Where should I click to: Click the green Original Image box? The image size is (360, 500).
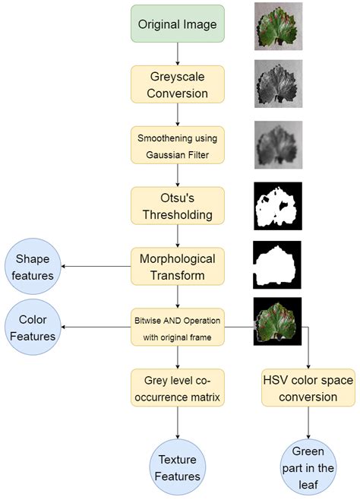coord(178,24)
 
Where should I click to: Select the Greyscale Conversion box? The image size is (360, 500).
coord(178,84)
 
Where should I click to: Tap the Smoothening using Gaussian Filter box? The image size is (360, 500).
coord(178,145)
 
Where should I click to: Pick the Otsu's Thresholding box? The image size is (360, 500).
coord(178,206)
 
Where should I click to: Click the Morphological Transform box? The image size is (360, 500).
coord(178,267)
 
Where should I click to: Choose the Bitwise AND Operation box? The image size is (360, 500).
coord(178,328)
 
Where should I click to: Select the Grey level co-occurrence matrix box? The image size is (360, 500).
coord(178,388)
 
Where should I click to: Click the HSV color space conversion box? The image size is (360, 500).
coord(308,388)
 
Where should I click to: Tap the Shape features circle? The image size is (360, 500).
coord(33,267)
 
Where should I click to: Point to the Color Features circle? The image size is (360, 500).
coord(33,328)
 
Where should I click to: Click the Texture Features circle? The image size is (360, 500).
coord(178,467)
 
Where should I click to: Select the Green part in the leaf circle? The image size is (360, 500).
coord(308,467)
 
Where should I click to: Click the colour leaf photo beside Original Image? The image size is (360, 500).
coord(278,26)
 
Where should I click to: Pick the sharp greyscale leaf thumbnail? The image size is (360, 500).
coord(278,84)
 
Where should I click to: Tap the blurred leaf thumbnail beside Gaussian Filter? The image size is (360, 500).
coord(278,145)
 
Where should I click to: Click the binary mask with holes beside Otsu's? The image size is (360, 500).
coord(278,206)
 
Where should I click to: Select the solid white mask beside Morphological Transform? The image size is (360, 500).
coord(277,265)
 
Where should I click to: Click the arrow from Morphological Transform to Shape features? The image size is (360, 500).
coord(96,266)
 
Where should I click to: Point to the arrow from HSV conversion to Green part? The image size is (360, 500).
coord(308,422)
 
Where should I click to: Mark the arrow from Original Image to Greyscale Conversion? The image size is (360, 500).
coord(178,54)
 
